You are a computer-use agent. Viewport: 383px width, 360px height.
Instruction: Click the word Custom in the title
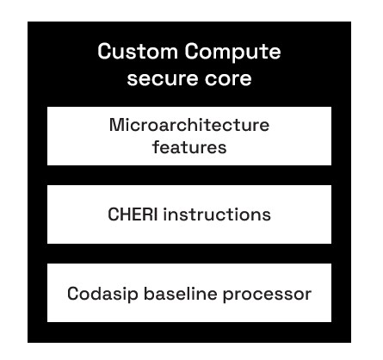coord(138,52)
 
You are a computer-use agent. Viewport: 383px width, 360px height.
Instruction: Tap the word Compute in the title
coord(232,53)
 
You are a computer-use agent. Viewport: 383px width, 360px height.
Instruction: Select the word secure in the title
coord(161,78)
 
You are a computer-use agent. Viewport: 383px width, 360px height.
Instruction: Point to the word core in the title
coord(227,78)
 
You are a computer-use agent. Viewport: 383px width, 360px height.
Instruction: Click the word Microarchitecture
coord(189,125)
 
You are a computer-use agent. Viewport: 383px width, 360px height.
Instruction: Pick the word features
coord(189,146)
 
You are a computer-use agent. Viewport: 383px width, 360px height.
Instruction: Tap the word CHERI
coord(133,214)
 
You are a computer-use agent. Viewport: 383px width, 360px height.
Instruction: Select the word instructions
coord(217,214)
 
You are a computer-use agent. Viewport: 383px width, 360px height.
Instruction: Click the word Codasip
coord(102,294)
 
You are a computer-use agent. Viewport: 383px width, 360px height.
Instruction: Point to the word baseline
coord(180,294)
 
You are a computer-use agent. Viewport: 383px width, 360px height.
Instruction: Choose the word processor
coord(267,295)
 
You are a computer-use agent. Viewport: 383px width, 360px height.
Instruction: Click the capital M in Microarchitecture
coord(116,125)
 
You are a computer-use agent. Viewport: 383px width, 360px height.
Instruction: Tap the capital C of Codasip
coord(74,294)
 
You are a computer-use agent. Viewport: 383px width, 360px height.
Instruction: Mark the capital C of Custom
coord(104,52)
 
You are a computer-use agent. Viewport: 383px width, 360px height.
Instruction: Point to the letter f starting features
coord(157,146)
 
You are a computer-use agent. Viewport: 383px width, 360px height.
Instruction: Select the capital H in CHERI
coord(125,214)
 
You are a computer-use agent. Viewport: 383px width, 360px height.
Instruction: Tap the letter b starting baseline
coord(150,294)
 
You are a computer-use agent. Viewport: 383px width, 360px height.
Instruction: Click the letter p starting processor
coord(228,295)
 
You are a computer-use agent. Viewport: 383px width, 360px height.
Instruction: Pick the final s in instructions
coord(267,216)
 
